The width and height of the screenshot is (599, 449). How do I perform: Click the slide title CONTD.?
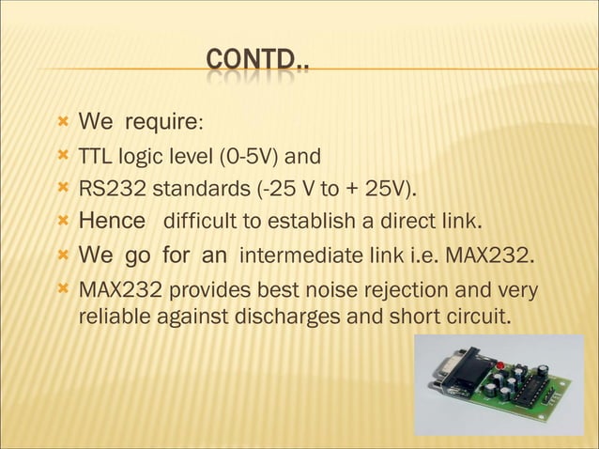(x=257, y=63)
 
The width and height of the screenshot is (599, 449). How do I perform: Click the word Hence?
(x=113, y=222)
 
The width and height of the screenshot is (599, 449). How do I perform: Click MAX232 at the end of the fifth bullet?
(x=485, y=255)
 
